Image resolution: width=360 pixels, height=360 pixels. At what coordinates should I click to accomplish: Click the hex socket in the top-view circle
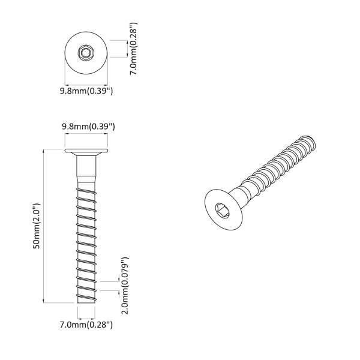pyautogui.click(x=86, y=53)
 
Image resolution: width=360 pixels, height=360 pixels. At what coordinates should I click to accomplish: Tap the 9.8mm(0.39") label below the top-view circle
pyautogui.click(x=86, y=91)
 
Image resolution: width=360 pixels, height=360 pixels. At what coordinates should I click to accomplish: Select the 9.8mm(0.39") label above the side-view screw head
pyautogui.click(x=88, y=127)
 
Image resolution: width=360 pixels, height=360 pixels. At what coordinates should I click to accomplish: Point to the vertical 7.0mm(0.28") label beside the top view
pyautogui.click(x=133, y=49)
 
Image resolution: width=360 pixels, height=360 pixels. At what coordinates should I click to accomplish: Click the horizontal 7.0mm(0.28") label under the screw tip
pyautogui.click(x=86, y=325)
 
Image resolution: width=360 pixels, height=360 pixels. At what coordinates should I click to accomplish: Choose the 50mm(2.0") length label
pyautogui.click(x=37, y=226)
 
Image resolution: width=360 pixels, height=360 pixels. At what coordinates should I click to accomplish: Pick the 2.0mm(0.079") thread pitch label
pyautogui.click(x=125, y=286)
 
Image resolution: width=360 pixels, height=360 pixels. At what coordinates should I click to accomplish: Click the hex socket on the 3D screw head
pyautogui.click(x=222, y=209)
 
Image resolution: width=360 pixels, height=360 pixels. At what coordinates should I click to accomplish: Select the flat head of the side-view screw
pyautogui.click(x=86, y=151)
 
